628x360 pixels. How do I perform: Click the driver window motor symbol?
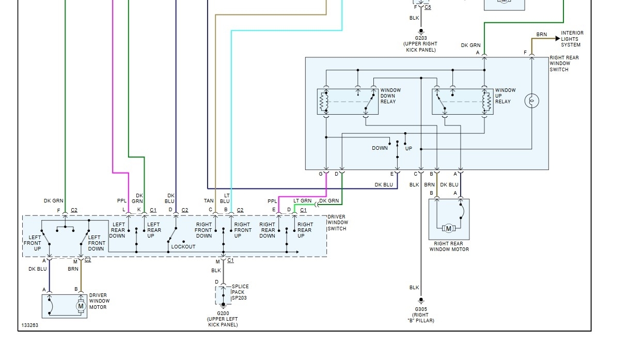point(81,306)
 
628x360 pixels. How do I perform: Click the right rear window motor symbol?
point(448,228)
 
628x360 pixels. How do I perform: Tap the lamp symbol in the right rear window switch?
point(531,101)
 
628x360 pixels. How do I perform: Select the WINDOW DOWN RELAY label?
point(390,96)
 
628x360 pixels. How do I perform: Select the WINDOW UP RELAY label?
point(505,96)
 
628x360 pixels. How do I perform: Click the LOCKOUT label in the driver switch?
point(183,247)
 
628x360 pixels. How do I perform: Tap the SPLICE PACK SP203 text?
point(240,292)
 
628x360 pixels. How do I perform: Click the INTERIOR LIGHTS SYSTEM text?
point(572,39)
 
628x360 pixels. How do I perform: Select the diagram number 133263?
point(29,326)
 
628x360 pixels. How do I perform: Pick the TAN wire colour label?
point(209,201)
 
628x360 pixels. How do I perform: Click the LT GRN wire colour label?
point(302,201)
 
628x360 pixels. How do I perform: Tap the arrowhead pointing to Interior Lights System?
point(556,39)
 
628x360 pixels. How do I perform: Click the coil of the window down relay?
point(324,102)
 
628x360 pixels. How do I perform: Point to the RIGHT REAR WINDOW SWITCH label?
point(564,64)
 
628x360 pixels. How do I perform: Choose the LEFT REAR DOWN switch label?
point(117,230)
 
